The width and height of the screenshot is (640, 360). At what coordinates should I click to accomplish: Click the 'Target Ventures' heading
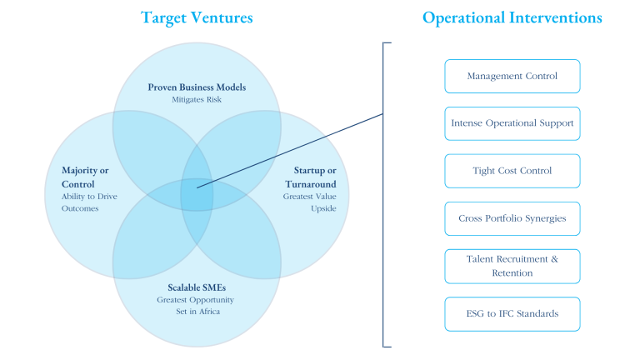(x=197, y=17)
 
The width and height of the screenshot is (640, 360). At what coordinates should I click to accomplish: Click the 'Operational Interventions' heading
(x=512, y=17)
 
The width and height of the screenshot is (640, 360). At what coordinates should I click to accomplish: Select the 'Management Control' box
(x=512, y=76)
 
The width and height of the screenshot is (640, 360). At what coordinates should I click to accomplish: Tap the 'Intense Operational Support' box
(x=512, y=123)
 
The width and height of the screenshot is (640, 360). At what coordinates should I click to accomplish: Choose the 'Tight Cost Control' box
(x=512, y=171)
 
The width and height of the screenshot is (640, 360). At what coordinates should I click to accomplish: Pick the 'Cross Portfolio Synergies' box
(x=512, y=218)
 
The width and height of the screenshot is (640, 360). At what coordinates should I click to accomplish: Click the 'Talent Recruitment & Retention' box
(x=512, y=266)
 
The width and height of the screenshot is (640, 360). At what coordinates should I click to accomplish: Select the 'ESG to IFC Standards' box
(x=512, y=313)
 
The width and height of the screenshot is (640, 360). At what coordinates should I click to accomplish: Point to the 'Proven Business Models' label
(x=197, y=87)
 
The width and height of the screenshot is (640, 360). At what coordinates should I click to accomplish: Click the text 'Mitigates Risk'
(x=197, y=99)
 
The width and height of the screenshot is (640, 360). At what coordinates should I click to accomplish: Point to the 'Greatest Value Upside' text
(x=312, y=202)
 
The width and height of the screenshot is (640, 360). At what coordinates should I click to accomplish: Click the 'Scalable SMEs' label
(x=197, y=287)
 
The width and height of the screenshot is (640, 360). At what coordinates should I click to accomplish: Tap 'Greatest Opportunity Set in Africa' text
(x=197, y=306)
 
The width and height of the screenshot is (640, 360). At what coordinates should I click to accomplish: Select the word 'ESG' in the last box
(x=477, y=313)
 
